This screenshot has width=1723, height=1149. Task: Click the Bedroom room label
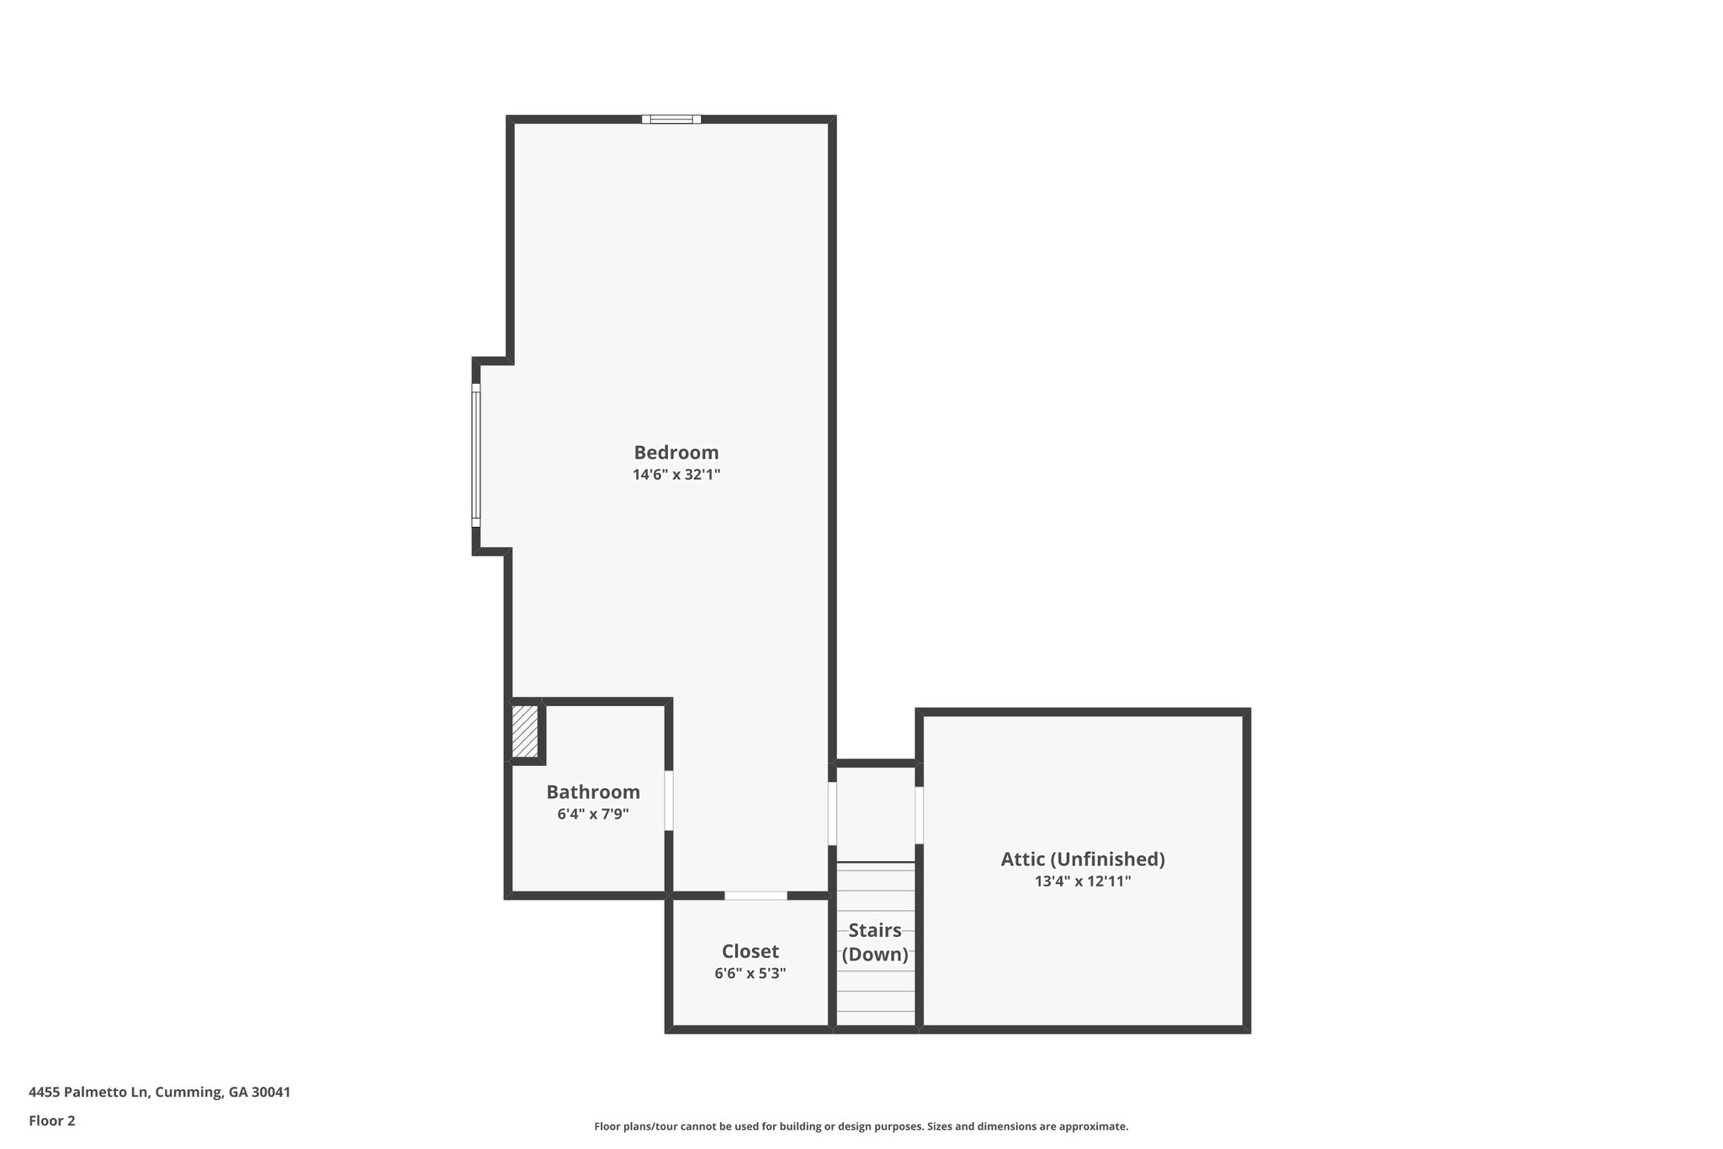[x=676, y=452]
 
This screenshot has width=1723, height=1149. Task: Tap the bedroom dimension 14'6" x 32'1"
[x=676, y=475]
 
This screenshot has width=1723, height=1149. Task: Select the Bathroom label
[x=593, y=792]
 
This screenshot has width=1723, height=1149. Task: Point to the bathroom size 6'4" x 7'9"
[x=593, y=814]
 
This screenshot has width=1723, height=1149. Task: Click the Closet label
[x=750, y=951]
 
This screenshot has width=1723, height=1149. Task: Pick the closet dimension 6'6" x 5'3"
[x=750, y=974]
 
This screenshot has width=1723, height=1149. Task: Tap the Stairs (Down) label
[x=875, y=943]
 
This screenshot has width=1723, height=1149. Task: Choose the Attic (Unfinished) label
[x=1083, y=859]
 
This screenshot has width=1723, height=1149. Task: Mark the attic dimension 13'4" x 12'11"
[x=1083, y=881]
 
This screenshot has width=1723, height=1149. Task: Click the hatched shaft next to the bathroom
[x=525, y=731]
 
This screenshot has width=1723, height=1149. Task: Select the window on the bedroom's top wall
[x=671, y=120]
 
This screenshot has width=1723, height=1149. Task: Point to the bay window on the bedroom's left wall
[x=475, y=455]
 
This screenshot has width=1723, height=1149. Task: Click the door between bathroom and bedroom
[x=669, y=801]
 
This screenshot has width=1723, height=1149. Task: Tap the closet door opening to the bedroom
[x=755, y=896]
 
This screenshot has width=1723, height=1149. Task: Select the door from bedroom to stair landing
[x=832, y=814]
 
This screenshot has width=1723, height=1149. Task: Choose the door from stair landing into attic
[x=920, y=815]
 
